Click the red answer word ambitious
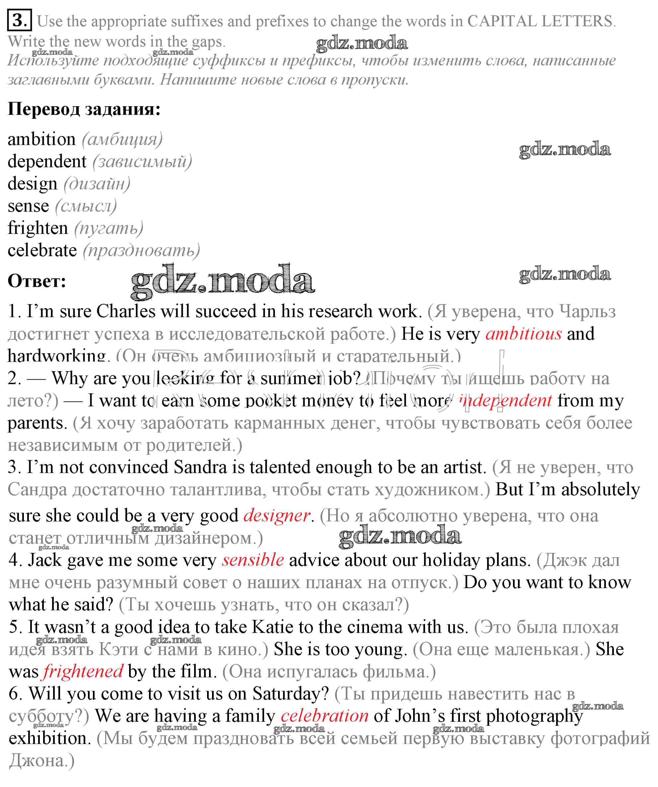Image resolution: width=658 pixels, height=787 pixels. [x=523, y=334]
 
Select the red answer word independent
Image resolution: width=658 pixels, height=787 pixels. [x=506, y=400]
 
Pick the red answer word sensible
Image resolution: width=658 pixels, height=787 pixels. [x=253, y=560]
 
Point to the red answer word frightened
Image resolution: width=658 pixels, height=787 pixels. [x=83, y=671]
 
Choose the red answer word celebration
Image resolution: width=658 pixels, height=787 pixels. [x=325, y=716]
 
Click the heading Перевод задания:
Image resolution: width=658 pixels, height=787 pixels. [x=84, y=109]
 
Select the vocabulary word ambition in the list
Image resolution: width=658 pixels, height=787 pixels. [x=41, y=139]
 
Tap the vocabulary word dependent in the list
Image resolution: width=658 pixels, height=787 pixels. [x=47, y=161]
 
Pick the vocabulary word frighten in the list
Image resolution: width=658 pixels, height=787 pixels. [x=38, y=228]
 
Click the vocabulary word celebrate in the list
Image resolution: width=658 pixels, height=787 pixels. [x=42, y=250]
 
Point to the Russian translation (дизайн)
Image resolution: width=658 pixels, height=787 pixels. [x=97, y=184]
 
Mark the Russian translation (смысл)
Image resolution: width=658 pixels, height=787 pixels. [x=86, y=206]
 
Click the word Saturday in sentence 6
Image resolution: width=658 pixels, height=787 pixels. [x=291, y=694]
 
